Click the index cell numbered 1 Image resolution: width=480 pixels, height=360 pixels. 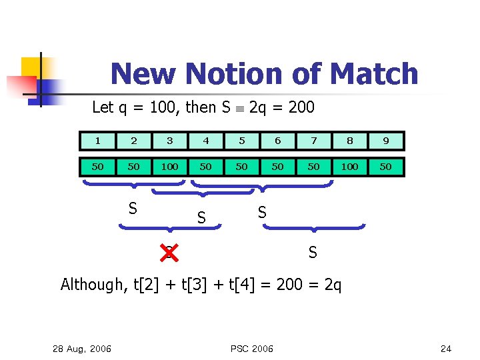(x=97, y=141)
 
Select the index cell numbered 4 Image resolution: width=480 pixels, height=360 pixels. (x=205, y=141)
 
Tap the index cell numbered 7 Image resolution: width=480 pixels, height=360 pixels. (x=313, y=141)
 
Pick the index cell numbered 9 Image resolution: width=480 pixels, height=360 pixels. (x=385, y=141)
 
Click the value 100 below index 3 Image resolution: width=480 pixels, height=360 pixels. (x=169, y=167)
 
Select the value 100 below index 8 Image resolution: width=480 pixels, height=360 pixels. (x=349, y=167)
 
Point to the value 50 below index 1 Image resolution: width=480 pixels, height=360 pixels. (x=97, y=167)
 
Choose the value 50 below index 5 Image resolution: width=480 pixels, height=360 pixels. (x=241, y=167)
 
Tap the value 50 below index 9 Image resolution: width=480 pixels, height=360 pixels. (x=385, y=167)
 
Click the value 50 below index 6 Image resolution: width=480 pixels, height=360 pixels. (x=277, y=167)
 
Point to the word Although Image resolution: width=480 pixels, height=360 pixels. (x=91, y=285)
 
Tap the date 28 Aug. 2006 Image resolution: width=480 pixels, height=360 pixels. (x=83, y=348)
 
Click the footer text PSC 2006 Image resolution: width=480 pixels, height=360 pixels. (x=252, y=348)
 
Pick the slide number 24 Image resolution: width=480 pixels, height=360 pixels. (x=446, y=348)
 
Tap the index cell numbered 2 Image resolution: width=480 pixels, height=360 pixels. (x=133, y=141)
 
